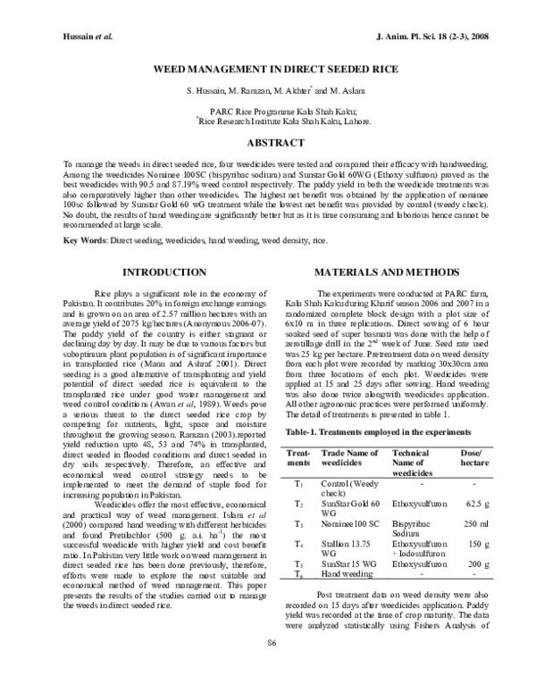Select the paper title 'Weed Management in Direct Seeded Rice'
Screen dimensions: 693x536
[x=268, y=67]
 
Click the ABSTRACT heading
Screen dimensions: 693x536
[x=268, y=141]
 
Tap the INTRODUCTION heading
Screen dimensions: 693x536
[x=157, y=271]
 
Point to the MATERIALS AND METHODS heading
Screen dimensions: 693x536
[x=381, y=271]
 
